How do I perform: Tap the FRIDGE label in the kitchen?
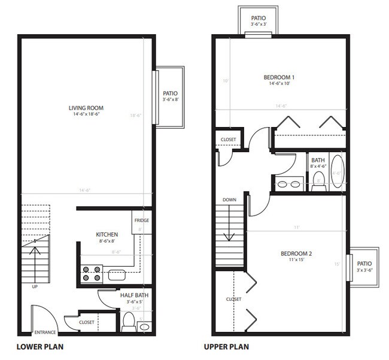point(141,220)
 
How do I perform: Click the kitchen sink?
point(117,276)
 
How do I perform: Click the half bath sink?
point(145,327)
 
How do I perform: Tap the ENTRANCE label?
point(45,332)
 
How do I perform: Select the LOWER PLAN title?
point(40,347)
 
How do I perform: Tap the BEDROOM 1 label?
point(279,77)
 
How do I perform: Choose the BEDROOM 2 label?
point(296,253)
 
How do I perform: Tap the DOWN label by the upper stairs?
point(229,199)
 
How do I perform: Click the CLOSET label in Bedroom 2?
point(233,299)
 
